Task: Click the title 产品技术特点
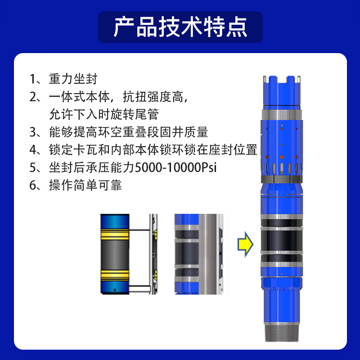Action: pyautogui.click(x=180, y=27)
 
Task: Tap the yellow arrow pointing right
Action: pyautogui.click(x=245, y=244)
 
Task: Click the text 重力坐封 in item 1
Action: pyautogui.click(x=73, y=79)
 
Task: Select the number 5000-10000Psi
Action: pyautogui.click(x=175, y=167)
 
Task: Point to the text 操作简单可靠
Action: pyautogui.click(x=85, y=185)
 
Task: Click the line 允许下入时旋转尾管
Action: pyautogui.click(x=104, y=114)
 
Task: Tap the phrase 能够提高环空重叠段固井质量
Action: pyautogui.click(x=128, y=132)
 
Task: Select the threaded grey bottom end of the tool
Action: pyautogui.click(x=282, y=332)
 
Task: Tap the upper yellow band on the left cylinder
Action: pyautogui.click(x=115, y=234)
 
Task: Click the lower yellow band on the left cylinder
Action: pyautogui.click(x=115, y=275)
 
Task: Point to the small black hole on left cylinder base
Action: pyautogui.click(x=115, y=290)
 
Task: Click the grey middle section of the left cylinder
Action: pyautogui.click(x=115, y=255)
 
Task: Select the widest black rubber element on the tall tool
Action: pyautogui.click(x=282, y=241)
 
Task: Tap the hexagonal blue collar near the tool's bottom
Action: pyautogui.click(x=282, y=284)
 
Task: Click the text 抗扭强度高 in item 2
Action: pyautogui.click(x=153, y=97)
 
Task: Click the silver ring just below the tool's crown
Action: pyautogui.click(x=282, y=114)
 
